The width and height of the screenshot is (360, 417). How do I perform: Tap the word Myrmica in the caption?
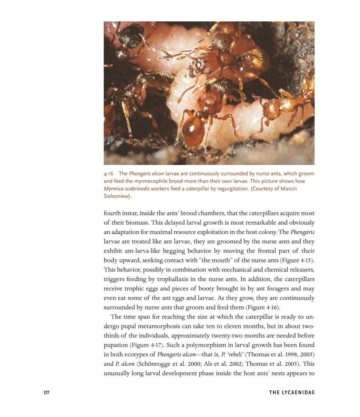pos(114,188)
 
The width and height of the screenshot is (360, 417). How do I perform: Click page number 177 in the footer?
pos(46,393)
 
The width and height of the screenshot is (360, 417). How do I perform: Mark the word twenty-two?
pos(204,335)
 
